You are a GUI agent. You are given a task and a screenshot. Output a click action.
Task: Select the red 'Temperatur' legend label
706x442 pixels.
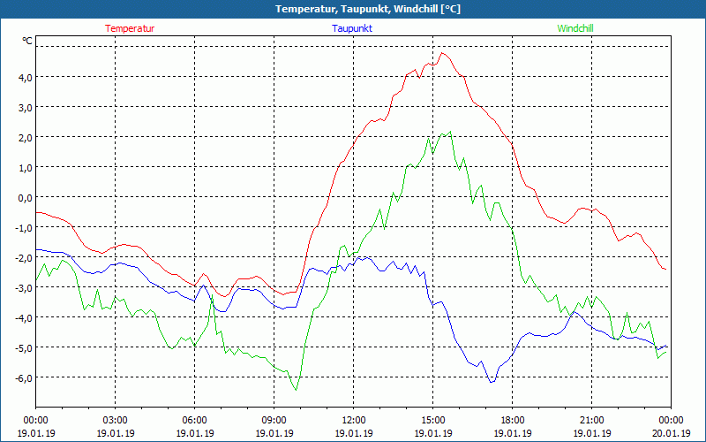130,28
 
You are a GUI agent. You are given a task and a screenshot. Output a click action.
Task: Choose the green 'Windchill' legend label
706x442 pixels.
575,28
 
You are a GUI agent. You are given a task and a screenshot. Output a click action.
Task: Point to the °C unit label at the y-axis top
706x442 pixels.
27,41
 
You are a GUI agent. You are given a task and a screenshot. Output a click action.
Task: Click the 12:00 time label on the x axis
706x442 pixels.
353,420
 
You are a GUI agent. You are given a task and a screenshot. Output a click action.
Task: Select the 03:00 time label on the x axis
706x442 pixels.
115,420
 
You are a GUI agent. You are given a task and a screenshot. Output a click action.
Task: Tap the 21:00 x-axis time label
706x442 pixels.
591,420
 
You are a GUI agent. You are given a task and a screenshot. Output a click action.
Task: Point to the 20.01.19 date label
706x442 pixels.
671,433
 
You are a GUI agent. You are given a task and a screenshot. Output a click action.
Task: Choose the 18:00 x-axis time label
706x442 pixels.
512,420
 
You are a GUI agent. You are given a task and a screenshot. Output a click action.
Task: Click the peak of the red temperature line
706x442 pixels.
442,53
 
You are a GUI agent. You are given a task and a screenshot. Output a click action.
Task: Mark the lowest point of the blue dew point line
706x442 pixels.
491,382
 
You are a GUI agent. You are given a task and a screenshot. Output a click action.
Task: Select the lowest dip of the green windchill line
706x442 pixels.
296,389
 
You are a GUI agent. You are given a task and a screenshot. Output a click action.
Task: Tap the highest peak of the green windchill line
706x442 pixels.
450,132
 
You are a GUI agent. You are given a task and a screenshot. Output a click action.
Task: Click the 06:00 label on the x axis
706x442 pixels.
194,420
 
